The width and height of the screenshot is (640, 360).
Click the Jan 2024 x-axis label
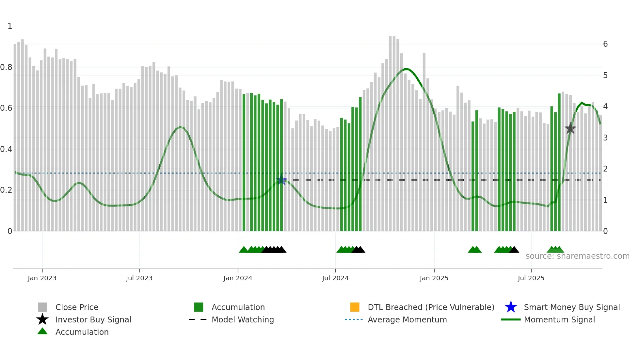pyautogui.click(x=238, y=278)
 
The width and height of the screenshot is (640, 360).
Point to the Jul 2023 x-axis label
pyautogui.click(x=139, y=278)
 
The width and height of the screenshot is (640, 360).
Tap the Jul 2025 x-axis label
pyautogui.click(x=531, y=278)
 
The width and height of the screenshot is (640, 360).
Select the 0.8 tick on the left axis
pyautogui.click(x=6, y=67)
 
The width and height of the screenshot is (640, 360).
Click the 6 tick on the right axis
pyautogui.click(x=605, y=44)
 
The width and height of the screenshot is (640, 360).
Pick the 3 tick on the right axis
pyautogui.click(x=605, y=138)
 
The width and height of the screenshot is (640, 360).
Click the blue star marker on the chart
pyautogui.click(x=281, y=180)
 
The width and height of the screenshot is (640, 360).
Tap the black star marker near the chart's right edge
pyautogui.click(x=570, y=128)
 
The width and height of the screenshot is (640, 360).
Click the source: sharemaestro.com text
pyautogui.click(x=577, y=256)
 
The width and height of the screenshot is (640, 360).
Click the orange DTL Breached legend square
pyautogui.click(x=355, y=307)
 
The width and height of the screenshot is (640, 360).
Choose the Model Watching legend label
pyautogui.click(x=243, y=319)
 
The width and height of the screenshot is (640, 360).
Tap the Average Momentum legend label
pyautogui.click(x=407, y=319)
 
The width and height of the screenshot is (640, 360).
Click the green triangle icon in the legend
pyautogui.click(x=42, y=331)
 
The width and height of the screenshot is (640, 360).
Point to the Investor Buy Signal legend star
pyautogui.click(x=42, y=319)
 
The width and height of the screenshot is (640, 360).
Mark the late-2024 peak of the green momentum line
pyautogui.click(x=405, y=69)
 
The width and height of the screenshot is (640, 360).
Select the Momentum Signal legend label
pyautogui.click(x=559, y=319)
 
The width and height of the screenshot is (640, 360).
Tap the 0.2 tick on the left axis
pyautogui.click(x=6, y=190)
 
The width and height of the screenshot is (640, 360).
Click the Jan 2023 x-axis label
pyautogui.click(x=42, y=278)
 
